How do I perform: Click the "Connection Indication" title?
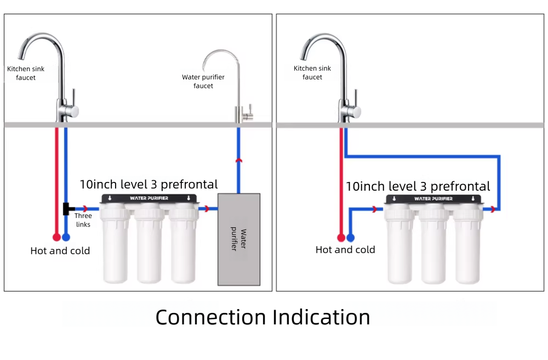click(x=262, y=317)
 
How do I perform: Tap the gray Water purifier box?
click(x=239, y=239)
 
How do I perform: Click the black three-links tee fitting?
click(x=68, y=209)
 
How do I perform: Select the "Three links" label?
click(x=83, y=220)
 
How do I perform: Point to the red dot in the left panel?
click(x=56, y=237)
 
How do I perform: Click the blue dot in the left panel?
click(x=66, y=237)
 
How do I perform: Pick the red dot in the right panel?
click(x=341, y=238)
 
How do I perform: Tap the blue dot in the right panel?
click(x=351, y=238)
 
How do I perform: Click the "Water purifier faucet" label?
click(x=203, y=82)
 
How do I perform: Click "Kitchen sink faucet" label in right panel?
click(x=312, y=73)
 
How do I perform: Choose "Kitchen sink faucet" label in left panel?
click(x=26, y=73)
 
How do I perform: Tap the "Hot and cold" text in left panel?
click(x=60, y=251)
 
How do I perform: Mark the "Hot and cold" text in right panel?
click(x=345, y=250)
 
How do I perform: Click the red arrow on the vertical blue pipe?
click(x=238, y=160)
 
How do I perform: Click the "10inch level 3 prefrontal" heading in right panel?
click(x=418, y=186)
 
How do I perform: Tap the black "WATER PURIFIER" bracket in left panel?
click(x=149, y=198)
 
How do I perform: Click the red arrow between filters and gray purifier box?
click(x=206, y=209)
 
